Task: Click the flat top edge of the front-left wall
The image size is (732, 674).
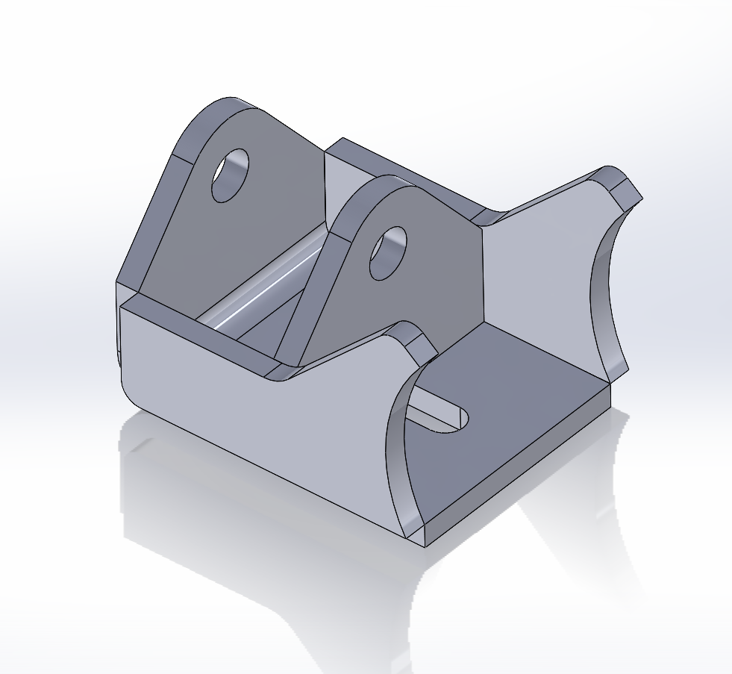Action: point(194,328)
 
